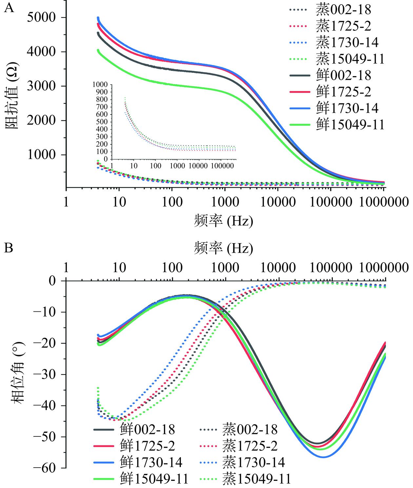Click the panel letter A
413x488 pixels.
pos(9,7)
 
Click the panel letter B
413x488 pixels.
pos(9,248)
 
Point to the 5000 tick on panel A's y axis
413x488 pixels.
pos(41,17)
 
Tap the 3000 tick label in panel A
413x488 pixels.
pos(41,86)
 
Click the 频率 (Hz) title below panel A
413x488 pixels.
pos(224,221)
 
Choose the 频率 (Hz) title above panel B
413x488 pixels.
pos(224,248)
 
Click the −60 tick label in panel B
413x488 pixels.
pos(45,468)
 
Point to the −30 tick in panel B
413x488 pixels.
pos(45,374)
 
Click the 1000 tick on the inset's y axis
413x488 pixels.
pos(100,85)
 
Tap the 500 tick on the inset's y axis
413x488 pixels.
pos(102,122)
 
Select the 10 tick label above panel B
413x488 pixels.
pos(119,268)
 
